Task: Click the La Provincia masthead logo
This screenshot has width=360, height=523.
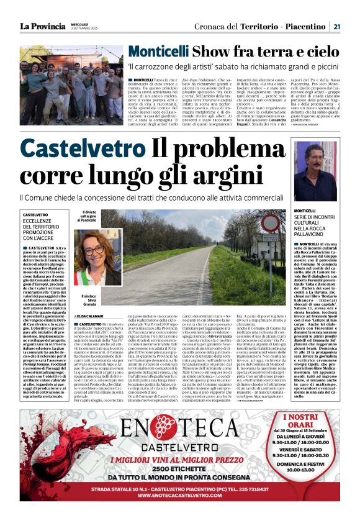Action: pyautogui.click(x=42, y=25)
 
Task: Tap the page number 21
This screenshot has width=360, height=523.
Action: pyautogui.click(x=336, y=26)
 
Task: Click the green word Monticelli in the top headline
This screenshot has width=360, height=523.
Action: pyautogui.click(x=158, y=52)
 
